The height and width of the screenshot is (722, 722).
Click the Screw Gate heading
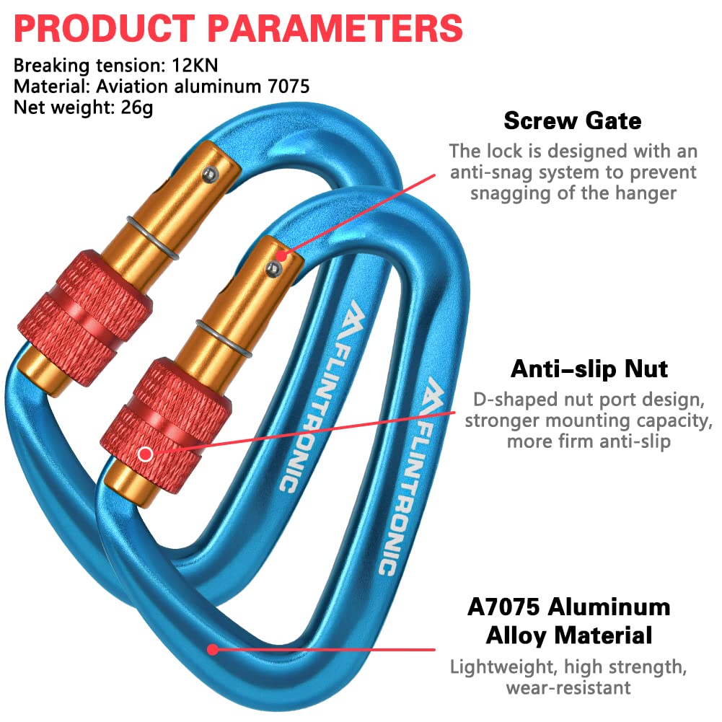[x=572, y=120]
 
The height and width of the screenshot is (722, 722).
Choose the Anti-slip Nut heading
[x=589, y=369]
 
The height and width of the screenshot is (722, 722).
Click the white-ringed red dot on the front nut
[x=146, y=454]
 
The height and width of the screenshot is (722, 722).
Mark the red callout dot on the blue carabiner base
[x=212, y=649]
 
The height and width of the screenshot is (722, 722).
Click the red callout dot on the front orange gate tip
[x=281, y=254]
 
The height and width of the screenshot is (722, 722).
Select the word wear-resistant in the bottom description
[x=568, y=687]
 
